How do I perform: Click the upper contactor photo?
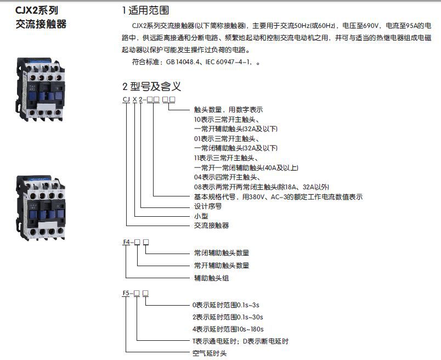(x=40, y=89)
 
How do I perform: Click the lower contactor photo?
(x=41, y=208)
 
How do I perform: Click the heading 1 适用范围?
(x=146, y=10)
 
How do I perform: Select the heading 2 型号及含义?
(x=151, y=86)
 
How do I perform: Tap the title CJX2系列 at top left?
(x=37, y=10)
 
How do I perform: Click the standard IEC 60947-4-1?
(x=228, y=62)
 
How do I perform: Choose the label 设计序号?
(x=208, y=206)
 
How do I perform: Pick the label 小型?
(x=201, y=216)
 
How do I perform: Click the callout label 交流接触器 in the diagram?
(x=212, y=226)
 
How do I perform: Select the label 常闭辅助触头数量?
(x=222, y=253)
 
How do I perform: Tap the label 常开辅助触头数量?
(x=222, y=266)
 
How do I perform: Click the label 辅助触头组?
(x=212, y=278)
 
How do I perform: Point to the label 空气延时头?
(x=210, y=353)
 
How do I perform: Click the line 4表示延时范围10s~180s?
(x=228, y=329)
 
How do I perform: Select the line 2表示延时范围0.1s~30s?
(x=228, y=317)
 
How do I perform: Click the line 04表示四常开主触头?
(x=227, y=177)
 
